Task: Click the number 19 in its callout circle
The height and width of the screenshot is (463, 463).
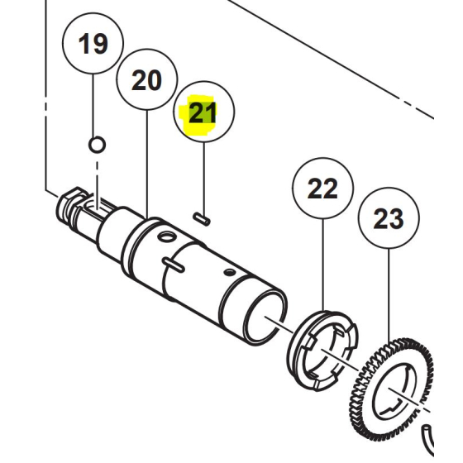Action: click(x=93, y=43)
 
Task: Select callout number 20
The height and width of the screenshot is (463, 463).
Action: click(x=146, y=80)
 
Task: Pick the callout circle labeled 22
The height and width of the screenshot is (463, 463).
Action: click(x=322, y=189)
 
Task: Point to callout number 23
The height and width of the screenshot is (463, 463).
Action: click(x=389, y=219)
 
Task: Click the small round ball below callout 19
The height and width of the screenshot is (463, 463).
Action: click(x=97, y=146)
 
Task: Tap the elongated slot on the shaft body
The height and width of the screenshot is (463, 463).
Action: click(x=174, y=264)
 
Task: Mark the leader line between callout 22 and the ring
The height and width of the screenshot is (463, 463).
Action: click(x=322, y=265)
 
